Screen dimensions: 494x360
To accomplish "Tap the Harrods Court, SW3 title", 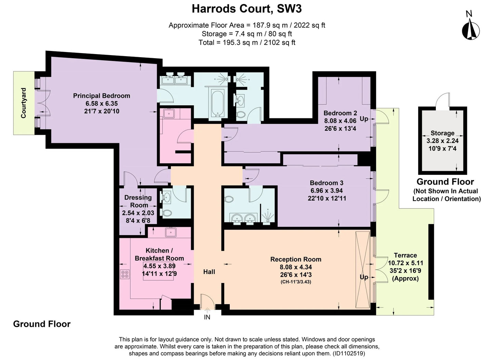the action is (x=247, y=9).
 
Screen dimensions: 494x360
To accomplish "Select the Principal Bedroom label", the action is (x=102, y=96).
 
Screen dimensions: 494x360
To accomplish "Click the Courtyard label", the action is (x=24, y=103).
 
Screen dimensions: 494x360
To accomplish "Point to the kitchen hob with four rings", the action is (x=124, y=274).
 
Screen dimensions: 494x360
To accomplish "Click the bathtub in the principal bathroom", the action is (x=218, y=103).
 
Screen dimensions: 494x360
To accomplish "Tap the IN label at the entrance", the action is (x=207, y=317).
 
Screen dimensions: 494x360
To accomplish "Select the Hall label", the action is (x=209, y=272).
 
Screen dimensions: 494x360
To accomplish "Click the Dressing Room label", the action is (x=138, y=201).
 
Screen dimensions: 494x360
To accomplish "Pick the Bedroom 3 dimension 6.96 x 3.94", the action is (x=326, y=191).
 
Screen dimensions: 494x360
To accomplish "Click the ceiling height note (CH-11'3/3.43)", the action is (x=296, y=282).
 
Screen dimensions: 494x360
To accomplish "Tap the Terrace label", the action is (x=405, y=255).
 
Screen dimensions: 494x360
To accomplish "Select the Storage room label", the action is (x=442, y=133).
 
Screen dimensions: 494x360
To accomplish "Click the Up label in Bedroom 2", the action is (x=364, y=119).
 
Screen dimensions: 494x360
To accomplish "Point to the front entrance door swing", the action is (x=208, y=301).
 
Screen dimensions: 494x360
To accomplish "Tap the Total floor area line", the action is (x=247, y=42).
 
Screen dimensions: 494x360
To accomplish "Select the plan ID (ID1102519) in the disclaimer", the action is (x=349, y=353).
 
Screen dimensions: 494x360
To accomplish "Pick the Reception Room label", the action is (x=296, y=259).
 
